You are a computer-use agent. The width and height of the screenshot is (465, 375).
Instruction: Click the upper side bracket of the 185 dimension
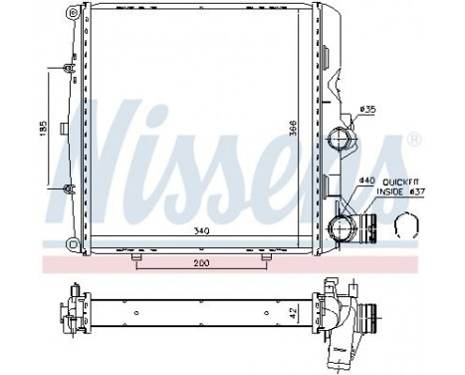[66, 69]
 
